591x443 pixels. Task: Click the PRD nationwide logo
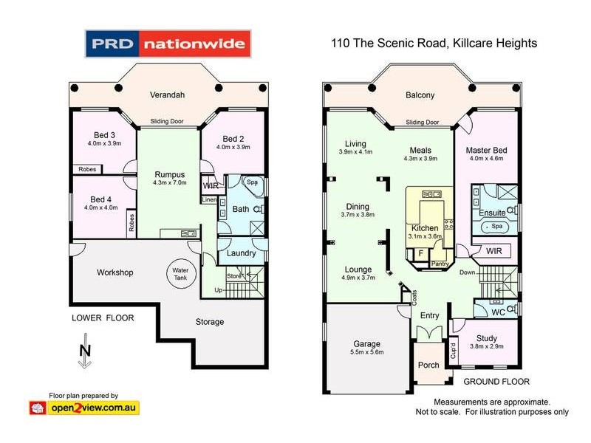(168, 44)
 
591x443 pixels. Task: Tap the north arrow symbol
(85, 355)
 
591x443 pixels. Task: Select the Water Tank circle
(181, 271)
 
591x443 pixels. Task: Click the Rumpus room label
(168, 174)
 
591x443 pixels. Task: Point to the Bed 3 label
(102, 135)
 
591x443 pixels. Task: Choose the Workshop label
(115, 272)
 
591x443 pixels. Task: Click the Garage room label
(366, 344)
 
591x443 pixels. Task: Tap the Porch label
(429, 365)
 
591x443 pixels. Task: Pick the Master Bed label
(485, 151)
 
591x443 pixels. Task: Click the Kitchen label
(424, 228)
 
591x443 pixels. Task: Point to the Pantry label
(440, 263)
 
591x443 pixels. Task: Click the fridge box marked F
(420, 253)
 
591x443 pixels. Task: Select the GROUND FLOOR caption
(496, 382)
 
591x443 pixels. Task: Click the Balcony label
(420, 95)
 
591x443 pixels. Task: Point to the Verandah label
(168, 95)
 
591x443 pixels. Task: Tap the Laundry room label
(241, 253)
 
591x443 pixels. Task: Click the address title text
(434, 44)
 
